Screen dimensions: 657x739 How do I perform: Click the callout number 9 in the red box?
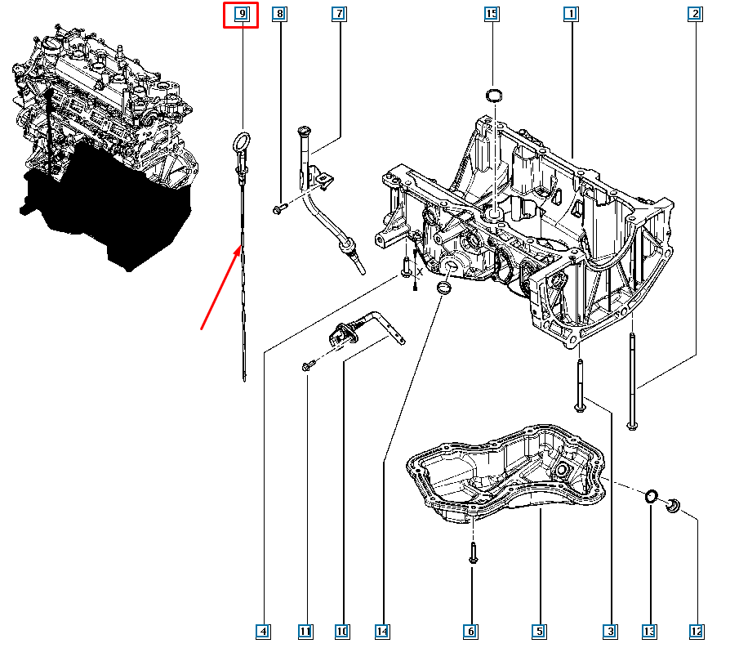tap(242, 14)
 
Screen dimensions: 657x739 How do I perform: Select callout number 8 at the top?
tap(280, 14)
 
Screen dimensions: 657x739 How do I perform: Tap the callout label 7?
tap(338, 14)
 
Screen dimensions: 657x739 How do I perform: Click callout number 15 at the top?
tap(492, 14)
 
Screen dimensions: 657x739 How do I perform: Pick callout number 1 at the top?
tap(571, 14)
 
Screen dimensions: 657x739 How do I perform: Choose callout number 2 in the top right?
tap(695, 14)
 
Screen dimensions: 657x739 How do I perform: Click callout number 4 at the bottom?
tap(262, 631)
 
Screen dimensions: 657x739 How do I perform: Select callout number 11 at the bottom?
tap(305, 631)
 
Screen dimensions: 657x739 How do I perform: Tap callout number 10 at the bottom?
tap(341, 631)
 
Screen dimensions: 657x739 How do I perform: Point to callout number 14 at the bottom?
tap(382, 631)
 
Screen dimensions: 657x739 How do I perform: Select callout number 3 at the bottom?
tap(610, 631)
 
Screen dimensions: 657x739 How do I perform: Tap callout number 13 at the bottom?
tap(649, 631)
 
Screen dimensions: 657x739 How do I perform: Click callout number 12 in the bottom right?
tap(696, 631)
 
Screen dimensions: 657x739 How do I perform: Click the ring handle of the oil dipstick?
tap(241, 141)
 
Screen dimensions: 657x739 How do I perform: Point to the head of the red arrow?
tap(239, 248)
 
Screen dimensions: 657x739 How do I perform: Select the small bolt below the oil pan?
tap(474, 553)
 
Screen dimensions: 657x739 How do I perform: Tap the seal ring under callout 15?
tap(492, 97)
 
